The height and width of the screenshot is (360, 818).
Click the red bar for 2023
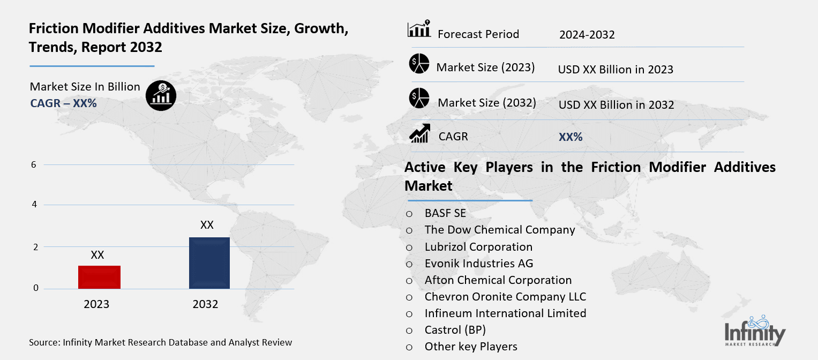point(99,277)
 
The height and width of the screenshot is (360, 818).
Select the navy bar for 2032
point(209,262)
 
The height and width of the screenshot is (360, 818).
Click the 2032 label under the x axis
point(205,304)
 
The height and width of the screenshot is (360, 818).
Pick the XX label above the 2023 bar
point(97,255)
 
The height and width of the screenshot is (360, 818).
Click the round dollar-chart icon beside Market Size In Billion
point(161,96)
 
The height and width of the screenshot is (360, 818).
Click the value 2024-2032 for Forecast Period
point(587,35)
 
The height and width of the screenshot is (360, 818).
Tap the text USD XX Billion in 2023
point(616,70)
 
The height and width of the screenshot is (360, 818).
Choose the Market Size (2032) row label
point(486,102)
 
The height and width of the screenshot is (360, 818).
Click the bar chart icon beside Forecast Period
point(419,29)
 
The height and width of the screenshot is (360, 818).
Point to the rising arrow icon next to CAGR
point(419,133)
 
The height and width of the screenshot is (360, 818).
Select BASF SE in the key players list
point(445,213)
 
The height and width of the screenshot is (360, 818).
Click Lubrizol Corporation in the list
point(478,247)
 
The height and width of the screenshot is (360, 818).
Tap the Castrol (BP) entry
point(455,330)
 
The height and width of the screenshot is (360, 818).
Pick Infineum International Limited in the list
point(505,313)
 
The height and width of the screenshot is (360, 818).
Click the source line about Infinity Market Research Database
point(161,342)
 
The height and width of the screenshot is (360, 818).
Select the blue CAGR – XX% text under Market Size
point(63,103)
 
